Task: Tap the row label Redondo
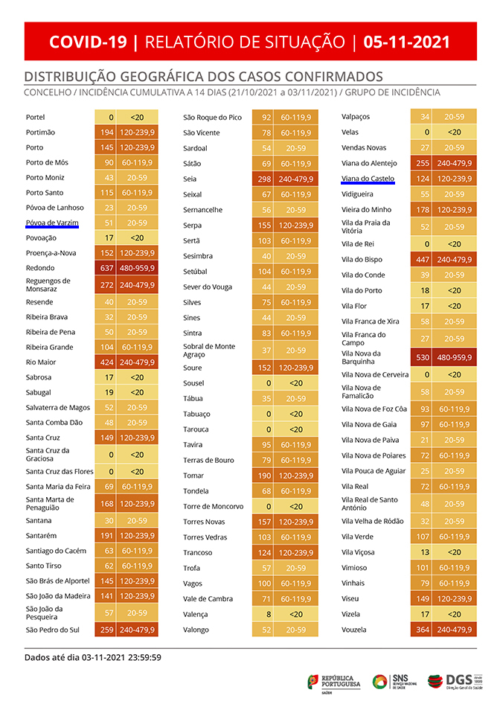click(40, 268)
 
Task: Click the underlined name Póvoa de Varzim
click(51, 223)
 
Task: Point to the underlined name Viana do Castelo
click(368, 179)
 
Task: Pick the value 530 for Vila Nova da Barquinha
click(422, 358)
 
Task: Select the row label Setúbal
click(197, 272)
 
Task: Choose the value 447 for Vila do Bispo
click(422, 260)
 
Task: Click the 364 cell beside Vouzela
click(422, 630)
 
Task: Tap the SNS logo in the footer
click(395, 680)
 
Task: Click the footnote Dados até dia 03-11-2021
click(93, 657)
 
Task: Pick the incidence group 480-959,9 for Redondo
click(137, 268)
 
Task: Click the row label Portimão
click(40, 132)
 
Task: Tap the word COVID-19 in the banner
click(88, 42)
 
